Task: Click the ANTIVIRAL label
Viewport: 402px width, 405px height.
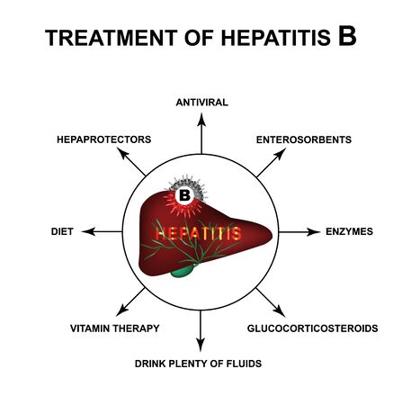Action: click(201, 102)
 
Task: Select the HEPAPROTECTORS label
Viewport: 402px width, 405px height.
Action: click(103, 139)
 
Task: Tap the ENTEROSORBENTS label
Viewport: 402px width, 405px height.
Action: click(303, 139)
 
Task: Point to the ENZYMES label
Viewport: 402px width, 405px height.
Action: click(349, 231)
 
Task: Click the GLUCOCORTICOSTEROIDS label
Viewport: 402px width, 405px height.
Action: click(312, 328)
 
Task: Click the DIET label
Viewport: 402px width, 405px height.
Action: click(62, 231)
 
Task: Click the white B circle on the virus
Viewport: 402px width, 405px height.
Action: click(184, 194)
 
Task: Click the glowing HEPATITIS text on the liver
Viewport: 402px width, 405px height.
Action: click(197, 233)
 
